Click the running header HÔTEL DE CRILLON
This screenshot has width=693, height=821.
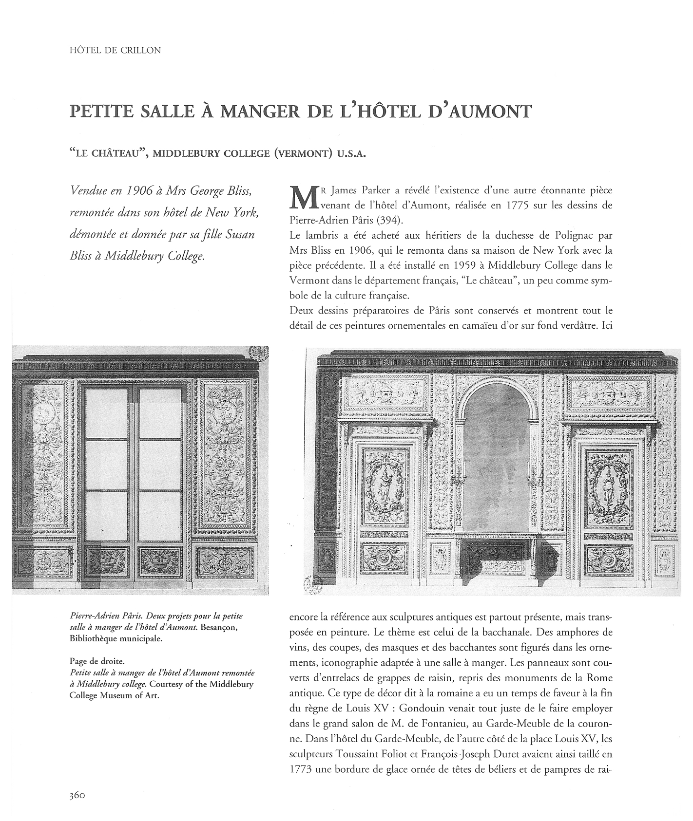(x=115, y=50)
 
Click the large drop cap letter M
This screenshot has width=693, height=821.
(x=301, y=197)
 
